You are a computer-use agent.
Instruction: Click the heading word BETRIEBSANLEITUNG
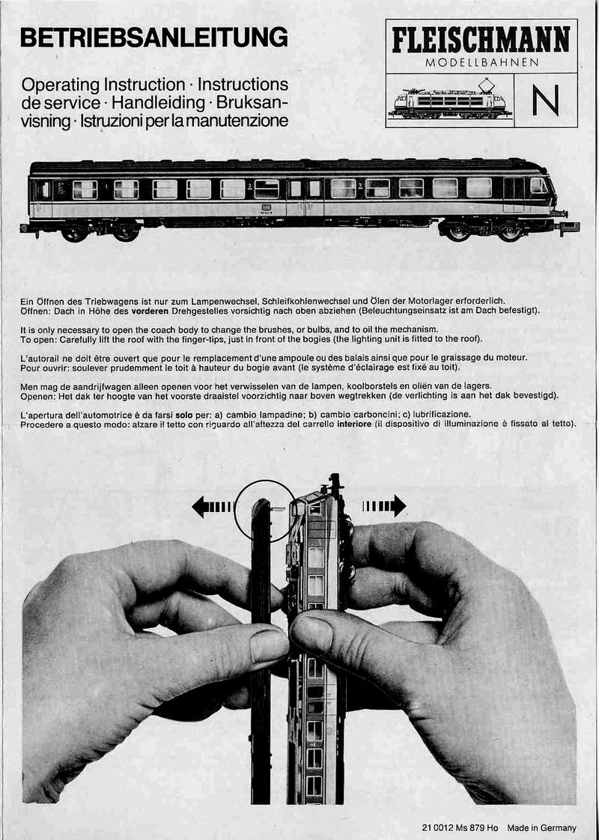[153, 37]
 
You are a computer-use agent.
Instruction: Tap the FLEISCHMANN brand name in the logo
[481, 40]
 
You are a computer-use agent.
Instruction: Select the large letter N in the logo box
[545, 100]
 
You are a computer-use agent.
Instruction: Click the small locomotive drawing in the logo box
[449, 99]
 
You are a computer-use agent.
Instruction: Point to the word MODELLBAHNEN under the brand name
[481, 63]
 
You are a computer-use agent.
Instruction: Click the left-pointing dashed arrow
[212, 506]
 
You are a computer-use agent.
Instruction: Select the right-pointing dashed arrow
[384, 505]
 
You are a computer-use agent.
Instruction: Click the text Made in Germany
[541, 828]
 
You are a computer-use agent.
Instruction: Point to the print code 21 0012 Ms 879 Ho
[460, 828]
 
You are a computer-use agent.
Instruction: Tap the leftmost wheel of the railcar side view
[74, 233]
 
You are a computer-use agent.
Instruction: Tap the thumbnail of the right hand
[311, 633]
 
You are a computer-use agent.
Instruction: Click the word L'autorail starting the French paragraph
[39, 358]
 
